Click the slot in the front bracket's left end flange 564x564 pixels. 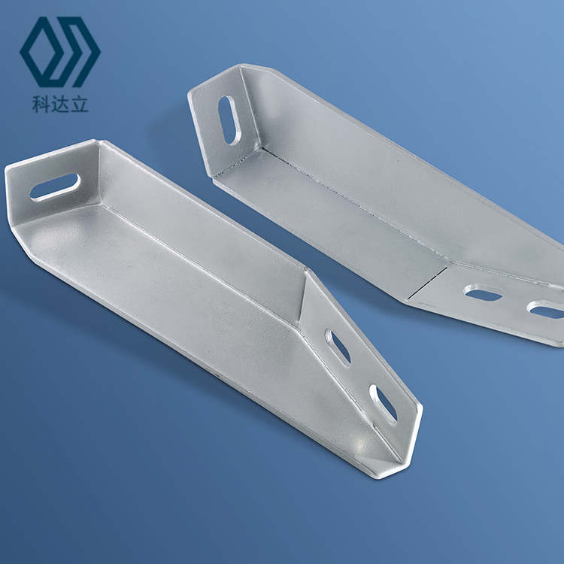[55, 186]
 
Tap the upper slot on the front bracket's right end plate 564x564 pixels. [338, 347]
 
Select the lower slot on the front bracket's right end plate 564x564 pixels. [384, 405]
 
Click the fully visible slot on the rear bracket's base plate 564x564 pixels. [483, 293]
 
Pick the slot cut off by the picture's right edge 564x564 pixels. [546, 309]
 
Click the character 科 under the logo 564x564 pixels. [41, 104]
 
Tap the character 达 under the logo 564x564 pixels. [59, 104]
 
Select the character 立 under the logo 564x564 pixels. [79, 104]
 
